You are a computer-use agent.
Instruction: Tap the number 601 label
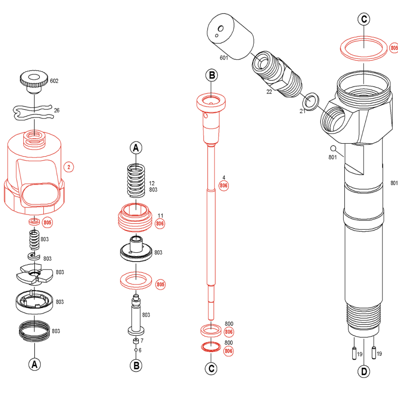[223, 57]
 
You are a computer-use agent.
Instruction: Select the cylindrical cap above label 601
[229, 34]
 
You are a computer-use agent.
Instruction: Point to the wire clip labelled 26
[33, 112]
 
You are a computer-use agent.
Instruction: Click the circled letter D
[364, 371]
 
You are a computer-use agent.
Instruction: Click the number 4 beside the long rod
[224, 178]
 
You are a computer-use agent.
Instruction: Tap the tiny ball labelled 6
[136, 350]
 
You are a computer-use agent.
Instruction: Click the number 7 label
[142, 341]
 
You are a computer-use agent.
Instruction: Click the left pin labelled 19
[354, 353]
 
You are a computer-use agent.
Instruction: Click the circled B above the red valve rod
[212, 76]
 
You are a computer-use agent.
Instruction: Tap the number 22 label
[269, 92]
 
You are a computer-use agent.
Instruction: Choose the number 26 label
[56, 110]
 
